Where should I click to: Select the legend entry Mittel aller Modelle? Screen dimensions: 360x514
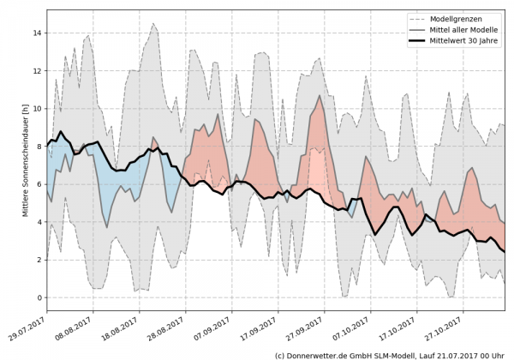pos(471,29)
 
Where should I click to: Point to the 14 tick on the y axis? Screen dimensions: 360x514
pos(37,33)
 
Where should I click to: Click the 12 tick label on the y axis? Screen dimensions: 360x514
pos(37,71)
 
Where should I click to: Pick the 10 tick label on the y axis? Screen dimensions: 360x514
pos(37,109)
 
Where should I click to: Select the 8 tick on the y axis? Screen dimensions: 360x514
pos(39,147)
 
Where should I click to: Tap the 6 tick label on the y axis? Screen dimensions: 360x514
pos(39,184)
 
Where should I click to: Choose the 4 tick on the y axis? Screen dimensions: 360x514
pos(39,222)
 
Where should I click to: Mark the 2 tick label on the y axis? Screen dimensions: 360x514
pos(39,260)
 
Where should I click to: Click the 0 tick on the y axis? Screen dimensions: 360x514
pos(39,297)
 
